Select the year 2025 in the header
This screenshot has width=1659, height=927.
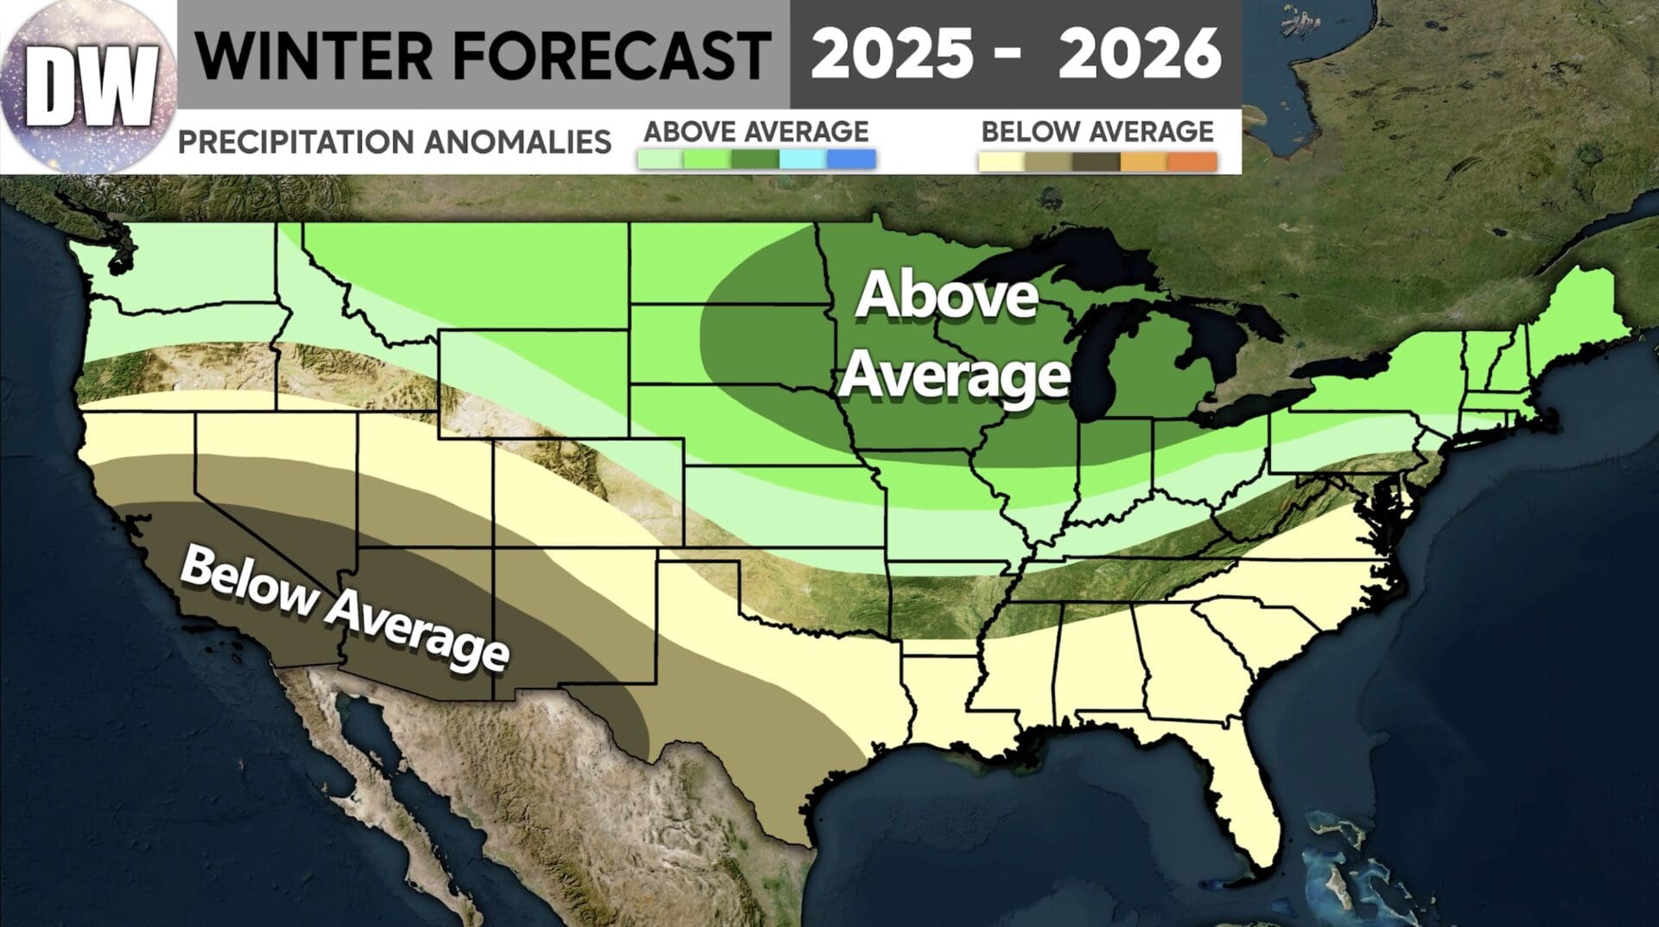(890, 54)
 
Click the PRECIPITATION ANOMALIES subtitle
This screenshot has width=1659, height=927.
(394, 141)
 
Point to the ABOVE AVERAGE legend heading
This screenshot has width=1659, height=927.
(756, 131)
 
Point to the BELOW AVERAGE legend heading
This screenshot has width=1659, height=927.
(1097, 131)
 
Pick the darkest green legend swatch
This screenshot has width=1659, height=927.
(755, 160)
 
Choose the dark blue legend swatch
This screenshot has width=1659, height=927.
(851, 160)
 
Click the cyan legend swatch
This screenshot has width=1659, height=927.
(803, 160)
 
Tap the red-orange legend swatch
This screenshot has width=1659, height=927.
(1192, 162)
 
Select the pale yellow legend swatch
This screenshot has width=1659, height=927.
(1002, 162)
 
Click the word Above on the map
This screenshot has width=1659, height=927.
(947, 297)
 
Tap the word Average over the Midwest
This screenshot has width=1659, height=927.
(956, 376)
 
